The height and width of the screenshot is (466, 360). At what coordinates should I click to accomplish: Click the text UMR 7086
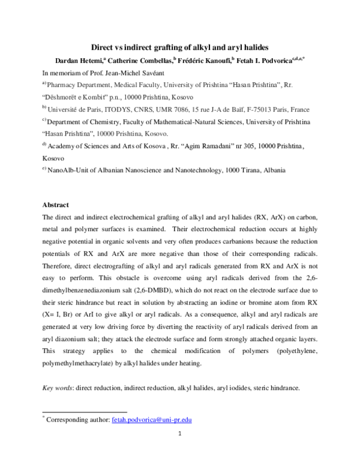173,110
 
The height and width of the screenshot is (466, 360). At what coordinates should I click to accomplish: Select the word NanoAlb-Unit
67,170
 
